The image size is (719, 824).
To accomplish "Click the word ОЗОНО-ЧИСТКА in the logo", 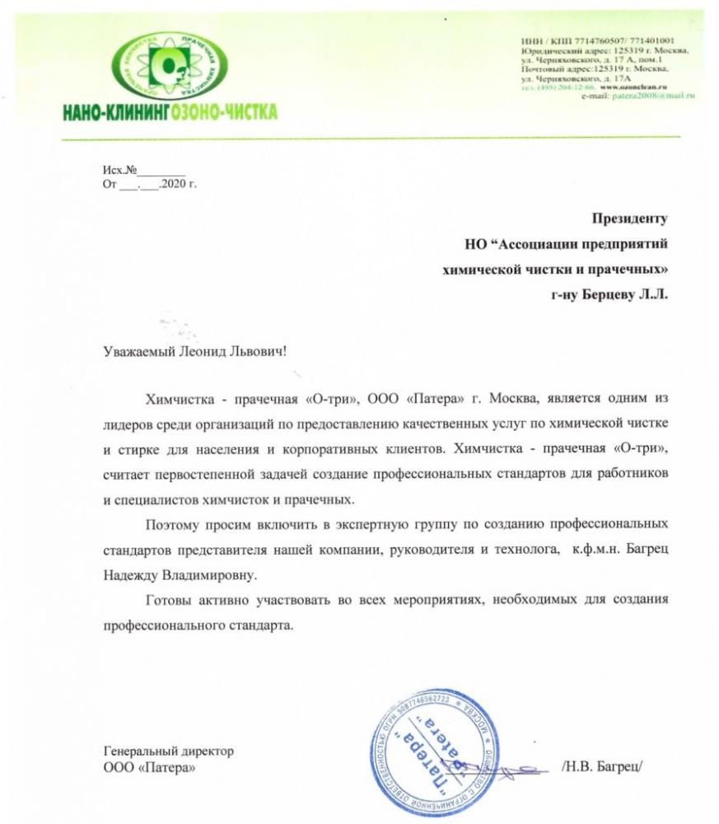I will click(x=224, y=111).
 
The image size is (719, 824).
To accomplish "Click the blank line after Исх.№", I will click(x=161, y=171).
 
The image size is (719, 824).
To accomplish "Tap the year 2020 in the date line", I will click(x=175, y=184).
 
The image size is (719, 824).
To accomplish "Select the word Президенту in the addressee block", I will click(x=628, y=218).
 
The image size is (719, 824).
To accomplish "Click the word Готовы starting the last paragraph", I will click(x=167, y=599).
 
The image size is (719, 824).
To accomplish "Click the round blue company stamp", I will click(x=442, y=751).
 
